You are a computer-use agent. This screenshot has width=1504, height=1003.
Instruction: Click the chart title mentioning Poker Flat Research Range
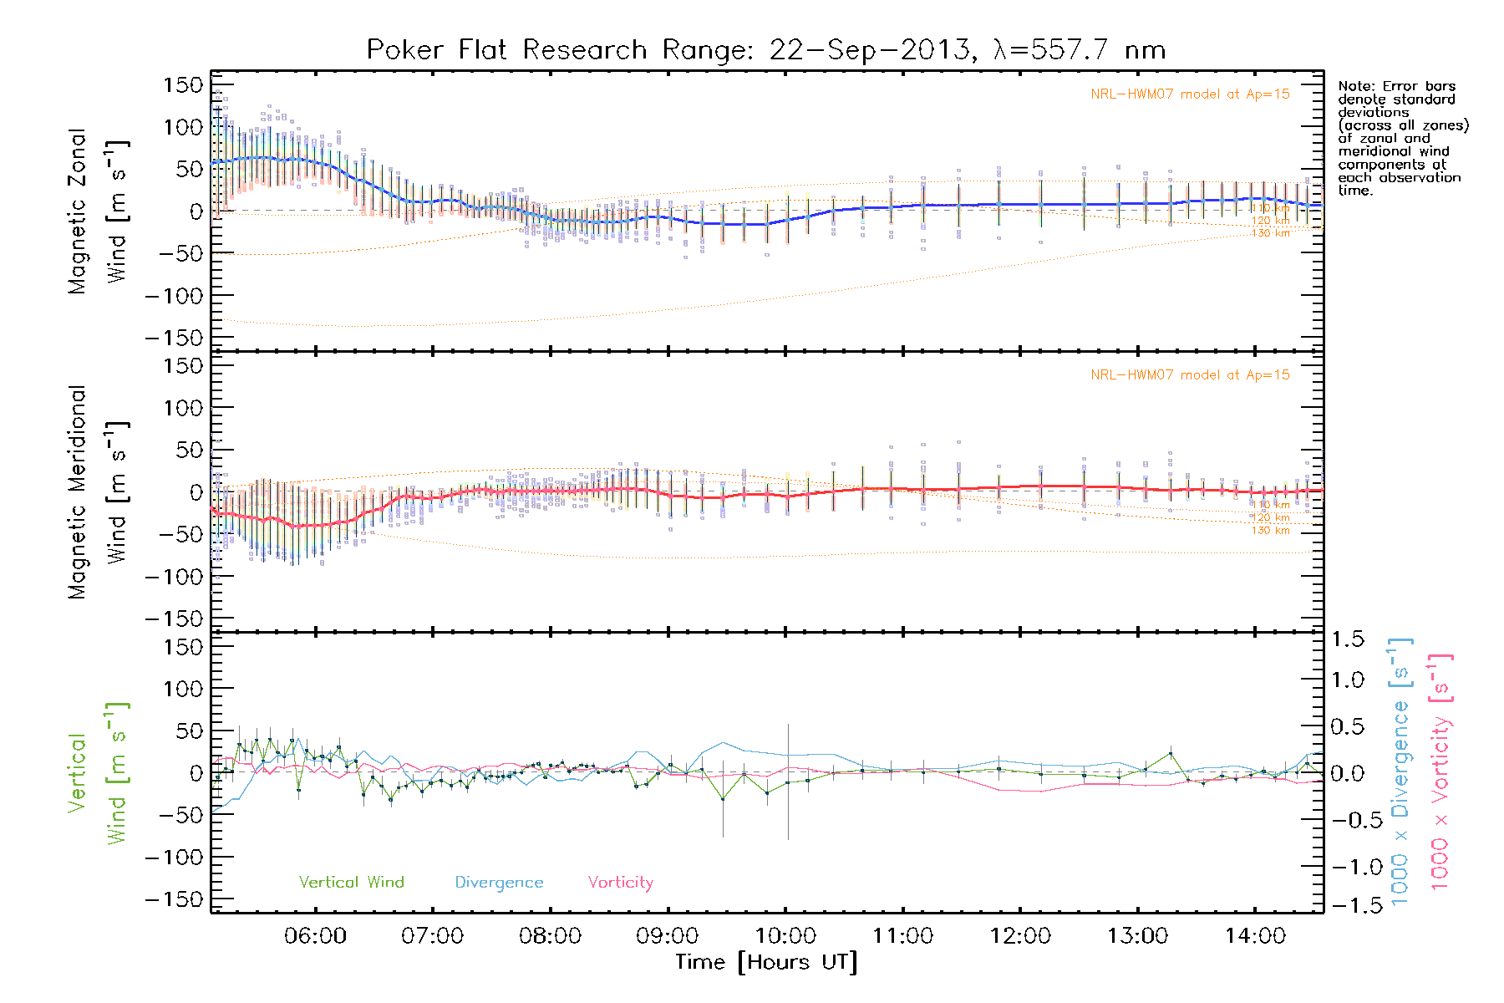[x=765, y=50]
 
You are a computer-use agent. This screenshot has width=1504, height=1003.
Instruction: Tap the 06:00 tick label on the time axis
[x=315, y=936]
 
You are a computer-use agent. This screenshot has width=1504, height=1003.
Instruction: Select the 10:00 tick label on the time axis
[x=785, y=936]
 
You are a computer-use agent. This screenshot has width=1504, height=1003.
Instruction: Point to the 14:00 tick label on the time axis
[x=1255, y=936]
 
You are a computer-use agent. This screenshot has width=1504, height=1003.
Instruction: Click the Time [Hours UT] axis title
[x=766, y=962]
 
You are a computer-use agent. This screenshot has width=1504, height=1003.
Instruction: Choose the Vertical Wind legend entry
[x=351, y=882]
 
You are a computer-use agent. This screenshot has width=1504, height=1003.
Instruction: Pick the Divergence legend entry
[x=499, y=883]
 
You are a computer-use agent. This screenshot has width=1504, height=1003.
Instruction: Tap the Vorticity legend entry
[x=620, y=882]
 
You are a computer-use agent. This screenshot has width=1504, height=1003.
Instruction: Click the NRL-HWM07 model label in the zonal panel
[x=1190, y=94]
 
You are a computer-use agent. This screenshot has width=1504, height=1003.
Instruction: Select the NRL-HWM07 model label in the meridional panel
[x=1190, y=375]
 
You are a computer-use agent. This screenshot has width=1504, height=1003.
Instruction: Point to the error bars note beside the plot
[x=1403, y=138]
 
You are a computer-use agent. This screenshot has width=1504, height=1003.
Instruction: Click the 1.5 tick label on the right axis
[x=1347, y=639]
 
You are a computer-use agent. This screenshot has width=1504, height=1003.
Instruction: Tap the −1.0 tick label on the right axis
[x=1347, y=866]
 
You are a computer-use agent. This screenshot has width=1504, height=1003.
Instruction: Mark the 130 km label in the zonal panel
[x=1270, y=233]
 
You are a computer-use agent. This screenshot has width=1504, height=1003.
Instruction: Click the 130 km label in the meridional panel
[x=1270, y=531]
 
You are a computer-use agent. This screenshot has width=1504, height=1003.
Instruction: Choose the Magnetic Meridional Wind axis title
[x=98, y=493]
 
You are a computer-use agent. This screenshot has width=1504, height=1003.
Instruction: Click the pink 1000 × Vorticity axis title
[x=1441, y=771]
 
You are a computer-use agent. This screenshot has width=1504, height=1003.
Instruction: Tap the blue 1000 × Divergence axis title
[x=1401, y=771]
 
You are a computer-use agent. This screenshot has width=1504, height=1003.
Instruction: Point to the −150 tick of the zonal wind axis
[x=173, y=339]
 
